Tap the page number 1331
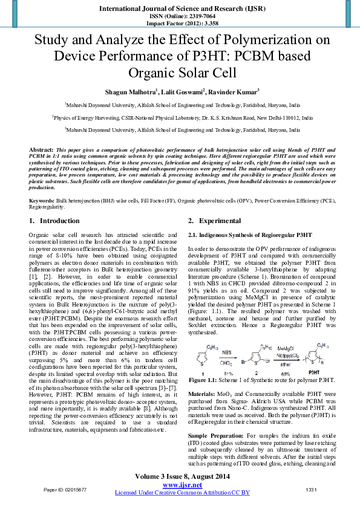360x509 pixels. (312, 489)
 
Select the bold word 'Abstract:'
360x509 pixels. (41, 149)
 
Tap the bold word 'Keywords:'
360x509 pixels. (42, 182)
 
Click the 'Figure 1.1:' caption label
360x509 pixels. (206, 380)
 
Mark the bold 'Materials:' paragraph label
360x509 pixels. (203, 394)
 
